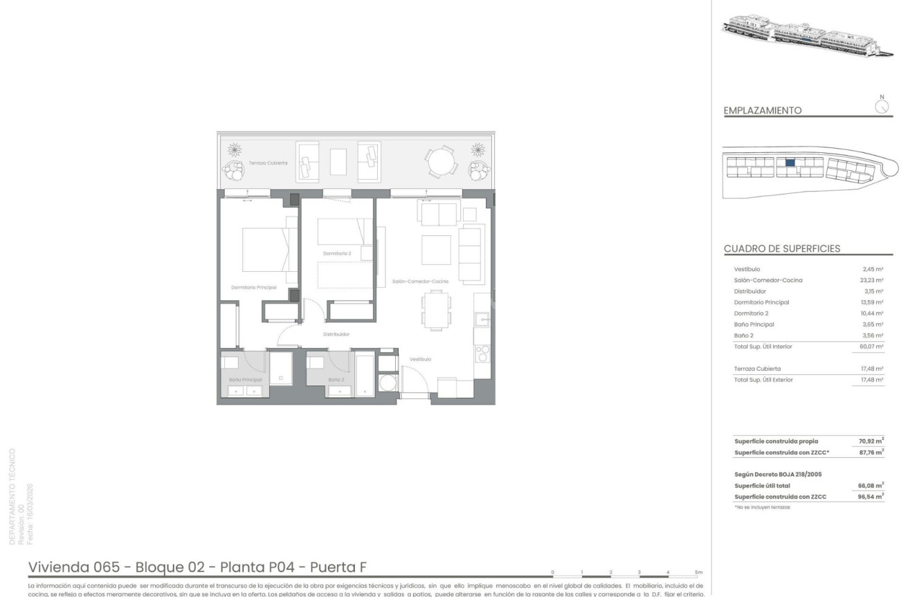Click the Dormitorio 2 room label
337,254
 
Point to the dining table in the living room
434,309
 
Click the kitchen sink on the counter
482,320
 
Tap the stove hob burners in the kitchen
482,353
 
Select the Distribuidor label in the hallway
336,334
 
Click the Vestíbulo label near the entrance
420,359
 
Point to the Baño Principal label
245,380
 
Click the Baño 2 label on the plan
336,380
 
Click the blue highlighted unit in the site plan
790,162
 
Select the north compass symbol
882,106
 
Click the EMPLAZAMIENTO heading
762,110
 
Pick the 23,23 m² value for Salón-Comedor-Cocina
871,280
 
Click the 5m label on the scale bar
698,572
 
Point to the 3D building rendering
805,35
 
